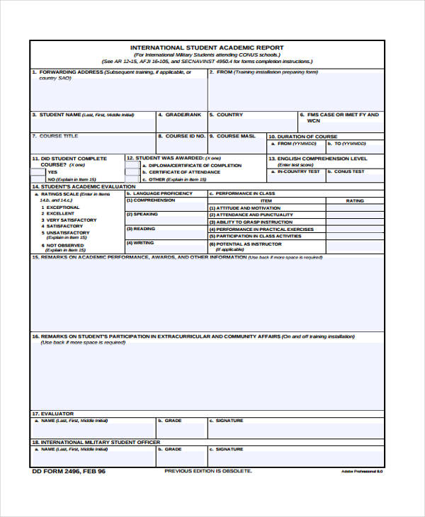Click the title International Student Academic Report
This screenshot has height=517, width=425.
pos(207,48)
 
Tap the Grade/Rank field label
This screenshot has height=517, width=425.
pos(183,115)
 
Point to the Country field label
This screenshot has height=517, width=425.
pos(229,115)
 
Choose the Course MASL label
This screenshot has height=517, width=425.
pos(236,136)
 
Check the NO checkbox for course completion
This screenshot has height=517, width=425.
pos(39,180)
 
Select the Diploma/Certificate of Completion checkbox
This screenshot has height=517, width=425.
pos(132,165)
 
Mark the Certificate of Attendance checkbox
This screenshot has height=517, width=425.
pos(132,172)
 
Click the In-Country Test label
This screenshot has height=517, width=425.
pos(298,171)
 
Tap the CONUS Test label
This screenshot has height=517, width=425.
pos(349,171)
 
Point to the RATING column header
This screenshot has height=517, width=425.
pos(354,200)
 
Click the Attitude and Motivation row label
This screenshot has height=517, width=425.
pos(245,208)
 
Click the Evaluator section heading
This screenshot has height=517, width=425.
pos(48,414)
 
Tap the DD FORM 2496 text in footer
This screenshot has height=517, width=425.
pos(68,471)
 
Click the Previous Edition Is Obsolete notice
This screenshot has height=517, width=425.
pos(208,471)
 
